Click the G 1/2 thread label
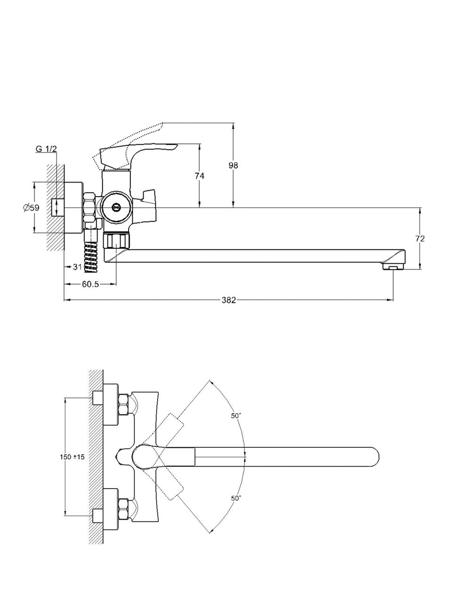point(46,149)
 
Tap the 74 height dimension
point(200,175)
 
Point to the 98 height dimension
point(233,165)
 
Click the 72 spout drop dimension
point(420,238)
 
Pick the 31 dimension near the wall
point(77,267)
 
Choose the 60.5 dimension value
point(90,284)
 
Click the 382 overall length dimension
point(229,300)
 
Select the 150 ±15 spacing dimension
point(72,457)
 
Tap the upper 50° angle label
point(236,416)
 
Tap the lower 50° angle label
point(236,498)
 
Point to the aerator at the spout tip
point(394,267)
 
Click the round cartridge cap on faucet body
point(114,207)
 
